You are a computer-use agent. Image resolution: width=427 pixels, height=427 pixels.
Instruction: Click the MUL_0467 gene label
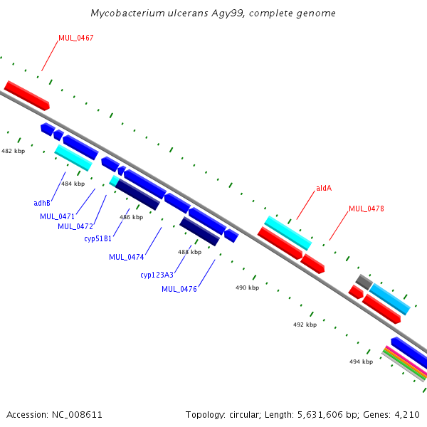[x=75, y=38]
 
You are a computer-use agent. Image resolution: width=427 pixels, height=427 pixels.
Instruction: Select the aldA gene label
[x=324, y=188]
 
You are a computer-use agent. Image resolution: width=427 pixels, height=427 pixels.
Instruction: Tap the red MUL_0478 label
[x=366, y=209]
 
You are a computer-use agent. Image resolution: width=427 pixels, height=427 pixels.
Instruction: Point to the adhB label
[x=42, y=203]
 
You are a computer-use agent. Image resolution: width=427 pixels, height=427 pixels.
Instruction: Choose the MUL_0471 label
[x=57, y=216]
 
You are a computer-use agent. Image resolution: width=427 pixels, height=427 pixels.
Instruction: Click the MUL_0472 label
[x=75, y=226]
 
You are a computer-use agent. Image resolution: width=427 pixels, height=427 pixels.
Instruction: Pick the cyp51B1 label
[x=97, y=238]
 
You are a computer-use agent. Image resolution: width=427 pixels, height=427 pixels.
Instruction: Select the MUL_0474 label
[x=126, y=257]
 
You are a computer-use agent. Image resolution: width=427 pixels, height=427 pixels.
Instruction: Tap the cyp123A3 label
[x=157, y=275]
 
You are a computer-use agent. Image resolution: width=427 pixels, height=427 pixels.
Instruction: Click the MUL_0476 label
[x=179, y=289]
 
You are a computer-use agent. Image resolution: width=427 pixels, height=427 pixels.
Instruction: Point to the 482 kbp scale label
[x=13, y=151]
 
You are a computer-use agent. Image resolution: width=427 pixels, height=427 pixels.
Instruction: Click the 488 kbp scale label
[x=189, y=252]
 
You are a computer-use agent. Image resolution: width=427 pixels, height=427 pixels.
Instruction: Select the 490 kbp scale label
[x=247, y=288]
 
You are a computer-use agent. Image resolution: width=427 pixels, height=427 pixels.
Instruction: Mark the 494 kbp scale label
[x=361, y=362]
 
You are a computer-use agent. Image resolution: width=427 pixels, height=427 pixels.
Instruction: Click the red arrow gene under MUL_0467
[x=26, y=95]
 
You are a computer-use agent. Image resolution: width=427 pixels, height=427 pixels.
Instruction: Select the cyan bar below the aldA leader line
[x=288, y=233]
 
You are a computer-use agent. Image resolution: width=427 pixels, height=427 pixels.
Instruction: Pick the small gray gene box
[x=364, y=282]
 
